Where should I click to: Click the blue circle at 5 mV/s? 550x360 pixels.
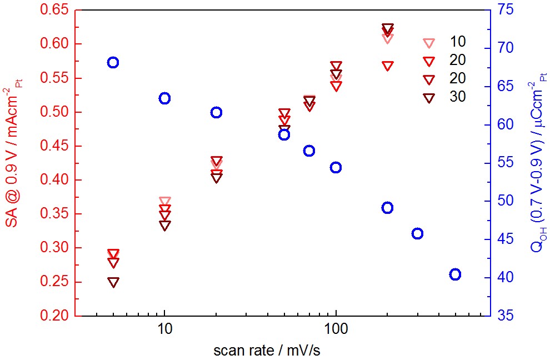tap(113, 62)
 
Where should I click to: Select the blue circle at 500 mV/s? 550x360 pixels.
tap(455, 274)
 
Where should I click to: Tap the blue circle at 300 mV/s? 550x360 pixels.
tap(417, 234)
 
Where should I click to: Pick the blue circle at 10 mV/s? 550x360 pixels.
tap(164, 98)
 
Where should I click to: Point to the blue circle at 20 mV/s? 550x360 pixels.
tap(216, 112)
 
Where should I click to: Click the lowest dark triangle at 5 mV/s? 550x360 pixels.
tap(113, 282)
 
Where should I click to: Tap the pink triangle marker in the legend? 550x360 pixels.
tap(428, 43)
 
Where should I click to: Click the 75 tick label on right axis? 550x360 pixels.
tap(505, 10)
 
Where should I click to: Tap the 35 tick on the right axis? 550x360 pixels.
tap(505, 316)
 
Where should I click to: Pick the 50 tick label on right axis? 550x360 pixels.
tap(505, 201)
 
